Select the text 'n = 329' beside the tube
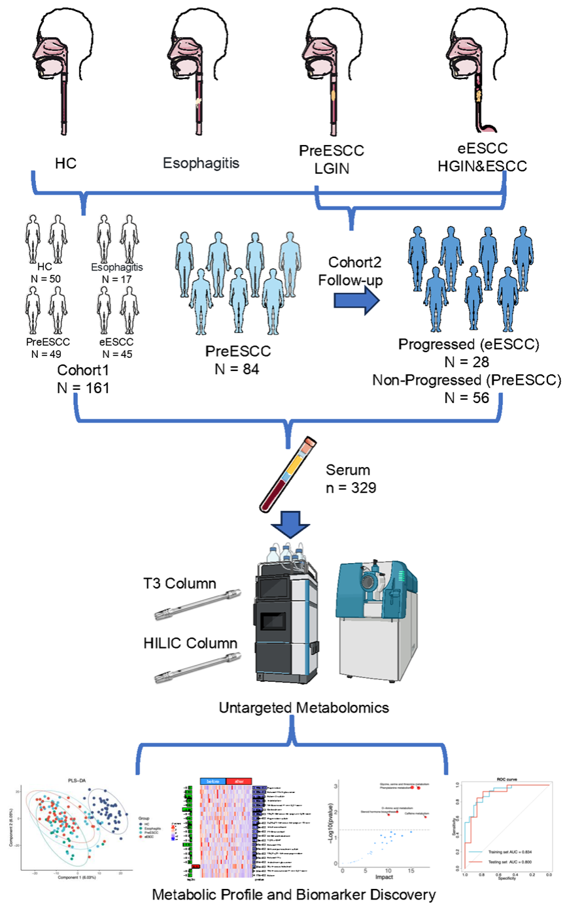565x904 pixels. coord(352,487)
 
